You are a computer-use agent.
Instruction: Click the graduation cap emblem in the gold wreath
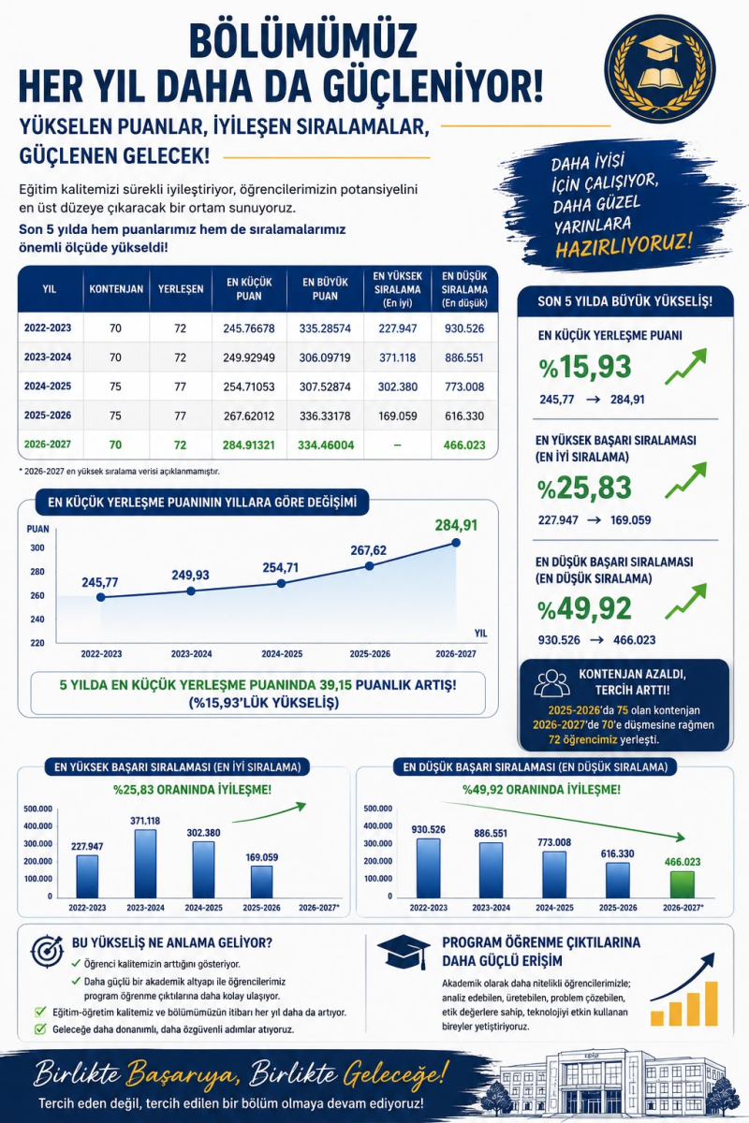pos(660,67)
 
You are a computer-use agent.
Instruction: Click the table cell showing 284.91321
pos(249,445)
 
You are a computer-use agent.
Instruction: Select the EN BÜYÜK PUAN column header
pos(325,289)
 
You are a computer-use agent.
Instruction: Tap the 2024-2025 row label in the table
pos(48,386)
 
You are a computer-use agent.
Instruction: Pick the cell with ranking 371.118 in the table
pos(397,357)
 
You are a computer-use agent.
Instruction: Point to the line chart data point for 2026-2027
pos(456,543)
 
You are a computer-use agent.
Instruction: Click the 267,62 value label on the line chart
pos(369,550)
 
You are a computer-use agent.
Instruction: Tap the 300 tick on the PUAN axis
pos(37,548)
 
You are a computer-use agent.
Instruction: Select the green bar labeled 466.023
pos(683,885)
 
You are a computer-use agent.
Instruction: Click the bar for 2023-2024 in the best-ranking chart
pos(145,864)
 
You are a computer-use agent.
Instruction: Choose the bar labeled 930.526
pos(429,868)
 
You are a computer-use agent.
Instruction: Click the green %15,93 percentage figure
pos(585,367)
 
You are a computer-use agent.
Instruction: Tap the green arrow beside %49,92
pos(686,601)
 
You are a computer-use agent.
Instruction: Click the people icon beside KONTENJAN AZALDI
pos(551,683)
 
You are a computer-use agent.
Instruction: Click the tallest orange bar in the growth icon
pos(712,1003)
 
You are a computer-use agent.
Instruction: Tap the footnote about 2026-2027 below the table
pos(123,472)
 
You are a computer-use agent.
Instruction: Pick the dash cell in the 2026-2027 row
pos(397,445)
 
